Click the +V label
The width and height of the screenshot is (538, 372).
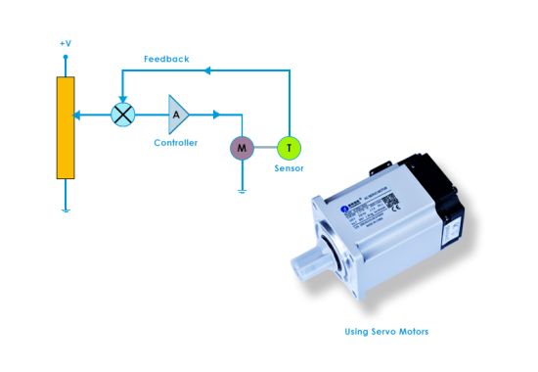click(66, 44)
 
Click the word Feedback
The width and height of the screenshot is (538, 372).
click(166, 59)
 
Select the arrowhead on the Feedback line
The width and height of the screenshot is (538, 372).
click(209, 70)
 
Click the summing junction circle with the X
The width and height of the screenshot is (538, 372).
click(122, 115)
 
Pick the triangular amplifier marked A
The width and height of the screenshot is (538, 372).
click(177, 115)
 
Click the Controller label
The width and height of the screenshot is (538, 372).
click(176, 143)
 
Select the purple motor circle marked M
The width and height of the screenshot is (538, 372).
click(241, 148)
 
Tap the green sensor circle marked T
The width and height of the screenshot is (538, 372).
click(289, 148)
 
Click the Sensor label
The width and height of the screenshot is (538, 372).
click(289, 169)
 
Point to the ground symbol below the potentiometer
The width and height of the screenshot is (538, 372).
click(66, 209)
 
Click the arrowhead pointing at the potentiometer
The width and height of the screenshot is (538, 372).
click(79, 115)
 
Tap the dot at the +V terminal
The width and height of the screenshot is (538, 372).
click(66, 57)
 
